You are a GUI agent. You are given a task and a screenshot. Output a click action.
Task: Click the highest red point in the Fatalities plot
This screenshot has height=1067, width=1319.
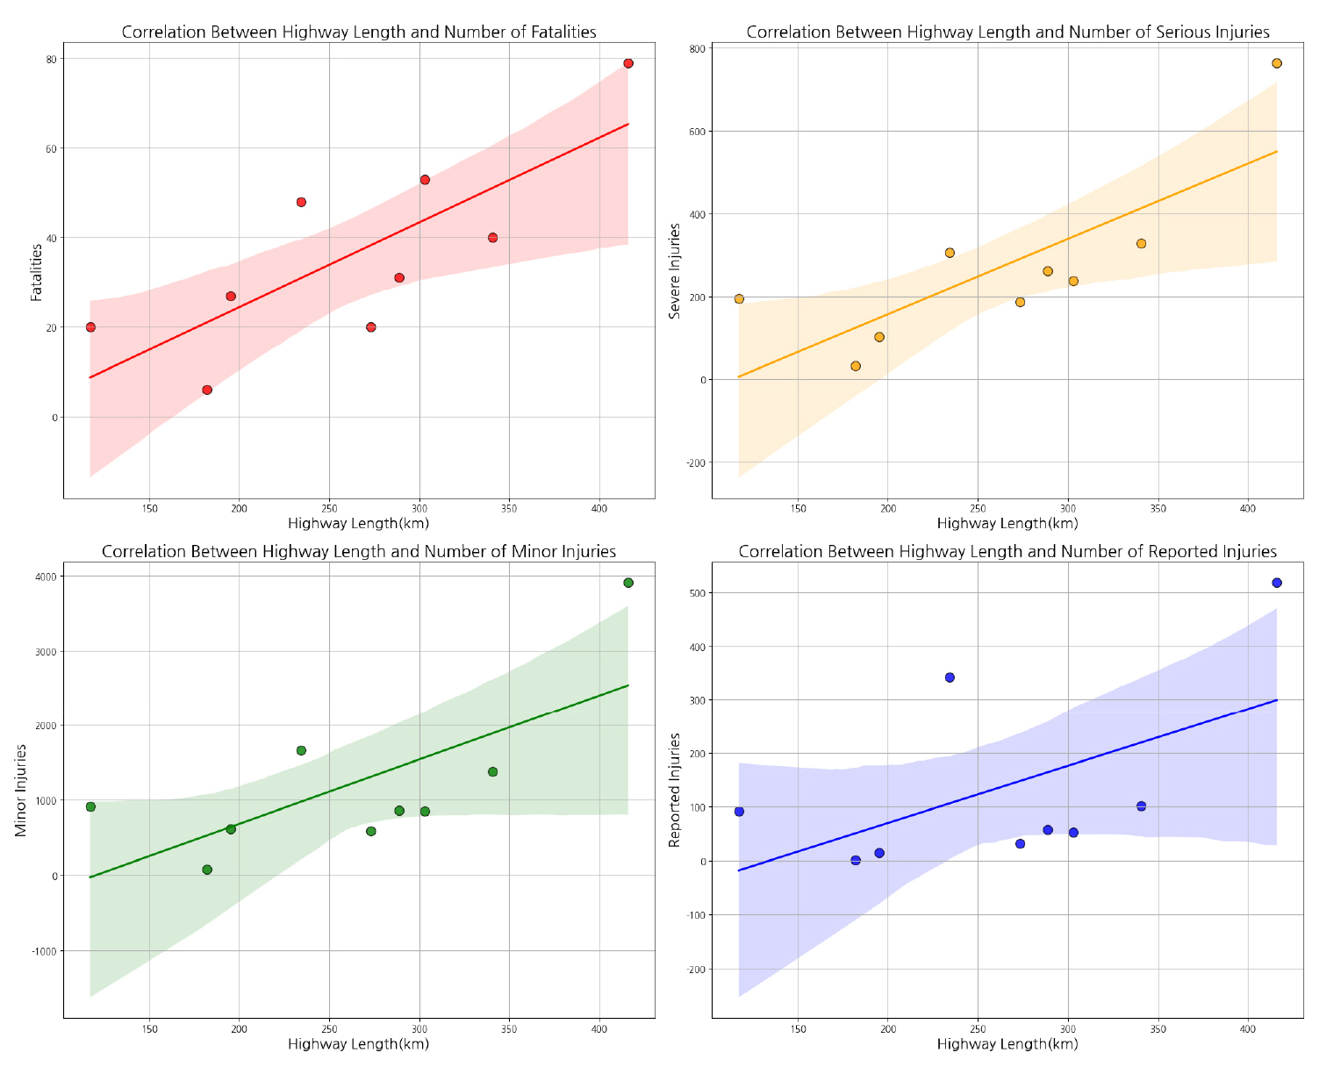click(x=628, y=63)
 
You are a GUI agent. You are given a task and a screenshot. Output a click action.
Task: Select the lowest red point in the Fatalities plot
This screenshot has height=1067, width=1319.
click(x=207, y=390)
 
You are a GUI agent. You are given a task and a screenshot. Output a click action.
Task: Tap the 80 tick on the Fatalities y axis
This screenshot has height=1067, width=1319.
click(x=52, y=59)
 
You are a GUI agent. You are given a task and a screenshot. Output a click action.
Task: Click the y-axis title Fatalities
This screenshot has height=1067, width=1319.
click(x=37, y=272)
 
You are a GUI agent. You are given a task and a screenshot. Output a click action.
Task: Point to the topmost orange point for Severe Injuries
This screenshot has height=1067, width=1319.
click(x=1277, y=63)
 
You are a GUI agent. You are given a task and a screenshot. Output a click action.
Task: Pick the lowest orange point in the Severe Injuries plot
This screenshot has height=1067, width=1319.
click(x=856, y=366)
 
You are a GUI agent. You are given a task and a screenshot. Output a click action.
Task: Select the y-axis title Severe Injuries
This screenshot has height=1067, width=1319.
click(x=675, y=270)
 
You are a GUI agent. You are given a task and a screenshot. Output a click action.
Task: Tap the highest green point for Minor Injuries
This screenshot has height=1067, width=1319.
click(x=628, y=583)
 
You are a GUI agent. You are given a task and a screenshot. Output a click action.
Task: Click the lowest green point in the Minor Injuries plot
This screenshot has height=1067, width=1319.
click(x=207, y=870)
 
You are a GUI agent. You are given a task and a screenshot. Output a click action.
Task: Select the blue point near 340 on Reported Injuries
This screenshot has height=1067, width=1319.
click(x=1141, y=806)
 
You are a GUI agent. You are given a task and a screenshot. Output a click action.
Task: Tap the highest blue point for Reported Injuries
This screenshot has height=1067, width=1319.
click(x=1277, y=583)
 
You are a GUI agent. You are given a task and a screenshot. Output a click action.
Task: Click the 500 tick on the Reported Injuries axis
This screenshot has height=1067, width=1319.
click(x=698, y=593)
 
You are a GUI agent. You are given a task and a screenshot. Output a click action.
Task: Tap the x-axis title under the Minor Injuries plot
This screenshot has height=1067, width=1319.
click(x=358, y=1044)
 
